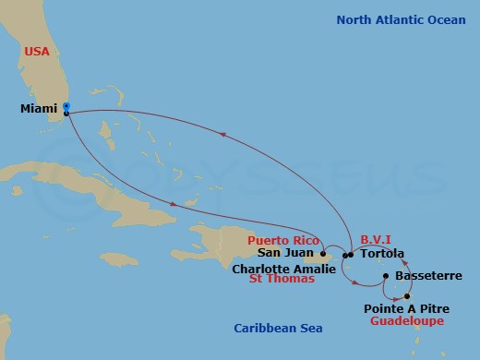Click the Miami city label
click(x=39, y=109)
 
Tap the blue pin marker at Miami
click(x=66, y=108)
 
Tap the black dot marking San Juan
click(x=322, y=255)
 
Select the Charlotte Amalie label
click(x=284, y=270)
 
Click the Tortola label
click(x=378, y=254)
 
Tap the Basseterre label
click(x=423, y=276)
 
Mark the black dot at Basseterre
click(x=386, y=274)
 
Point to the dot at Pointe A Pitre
click(x=407, y=295)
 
